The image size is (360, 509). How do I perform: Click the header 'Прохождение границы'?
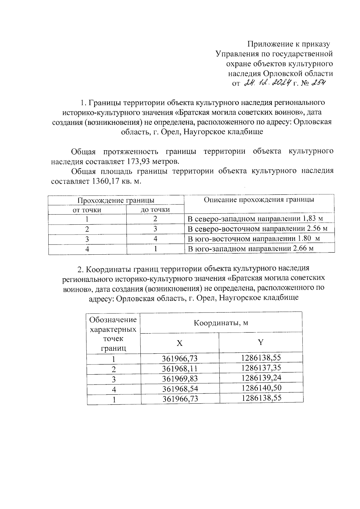(116, 200)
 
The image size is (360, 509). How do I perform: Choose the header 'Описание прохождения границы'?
(259, 200)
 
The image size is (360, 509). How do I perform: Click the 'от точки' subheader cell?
(87, 210)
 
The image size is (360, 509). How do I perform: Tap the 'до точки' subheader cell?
(155, 210)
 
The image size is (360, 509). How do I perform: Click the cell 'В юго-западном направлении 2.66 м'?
(250, 249)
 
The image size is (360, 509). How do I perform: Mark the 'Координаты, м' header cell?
(221, 323)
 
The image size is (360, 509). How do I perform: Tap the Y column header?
(261, 342)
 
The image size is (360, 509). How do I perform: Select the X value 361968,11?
(180, 368)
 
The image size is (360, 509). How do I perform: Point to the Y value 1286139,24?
(261, 377)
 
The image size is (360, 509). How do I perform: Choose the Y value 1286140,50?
(261, 388)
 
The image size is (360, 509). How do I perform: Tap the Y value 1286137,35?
(261, 367)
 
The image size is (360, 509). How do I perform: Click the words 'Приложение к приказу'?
(288, 44)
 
